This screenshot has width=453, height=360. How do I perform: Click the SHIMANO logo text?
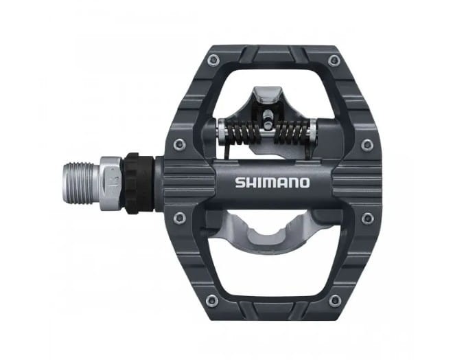[x=272, y=183]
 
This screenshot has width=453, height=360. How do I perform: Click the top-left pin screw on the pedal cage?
[x=214, y=60]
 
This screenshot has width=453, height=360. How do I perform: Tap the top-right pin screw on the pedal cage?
[x=334, y=60]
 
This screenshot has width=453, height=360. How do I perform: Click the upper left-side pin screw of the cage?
[x=180, y=144]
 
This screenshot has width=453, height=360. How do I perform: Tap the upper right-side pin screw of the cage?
[x=367, y=143]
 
